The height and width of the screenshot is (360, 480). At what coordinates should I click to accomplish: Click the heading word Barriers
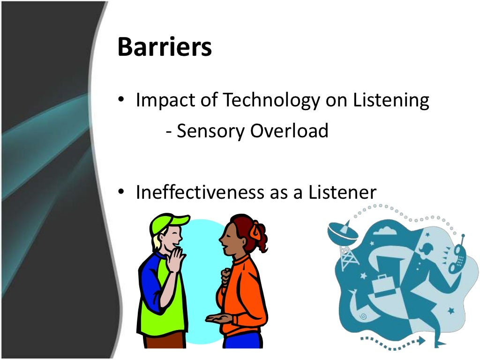coord(165,48)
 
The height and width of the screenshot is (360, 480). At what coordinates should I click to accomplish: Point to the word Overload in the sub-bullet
coord(289,131)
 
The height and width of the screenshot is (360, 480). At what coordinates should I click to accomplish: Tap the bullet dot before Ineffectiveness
coord(121,193)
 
